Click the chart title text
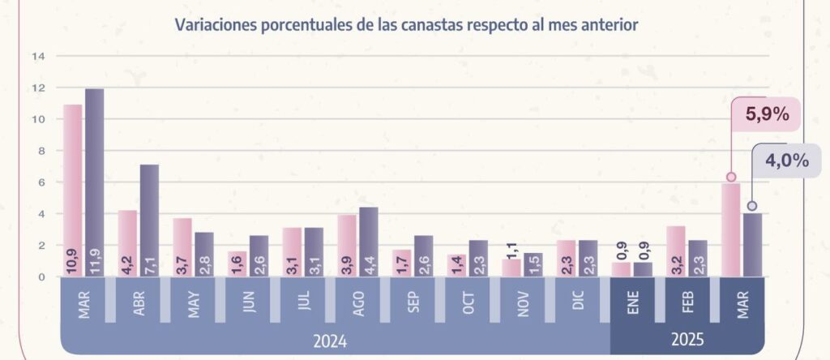click(406, 24)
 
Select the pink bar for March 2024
click(73, 191)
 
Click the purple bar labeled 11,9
click(95, 182)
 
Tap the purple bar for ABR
click(149, 221)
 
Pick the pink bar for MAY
click(182, 247)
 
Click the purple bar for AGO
click(368, 242)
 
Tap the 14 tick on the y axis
click(38, 57)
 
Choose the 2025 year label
click(687, 340)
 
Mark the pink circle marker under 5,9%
click(730, 177)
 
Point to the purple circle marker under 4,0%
click(752, 206)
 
